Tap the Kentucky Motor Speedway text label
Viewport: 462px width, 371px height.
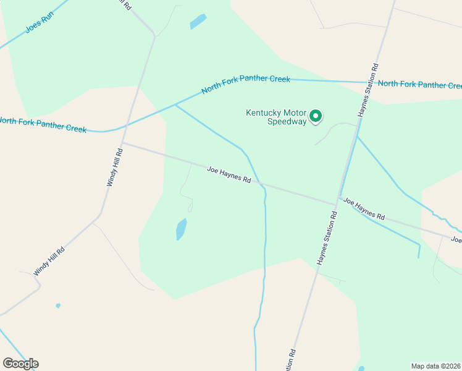click(276, 117)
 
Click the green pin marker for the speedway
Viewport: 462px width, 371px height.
click(316, 116)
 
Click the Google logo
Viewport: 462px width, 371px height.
click(20, 364)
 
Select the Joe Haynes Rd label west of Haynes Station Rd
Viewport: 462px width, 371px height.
click(229, 174)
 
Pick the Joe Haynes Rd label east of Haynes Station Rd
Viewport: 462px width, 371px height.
click(364, 209)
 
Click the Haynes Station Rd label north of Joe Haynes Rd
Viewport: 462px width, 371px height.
click(367, 90)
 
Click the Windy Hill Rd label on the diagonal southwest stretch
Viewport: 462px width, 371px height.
click(49, 260)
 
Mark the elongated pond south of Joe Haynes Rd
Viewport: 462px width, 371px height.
click(181, 229)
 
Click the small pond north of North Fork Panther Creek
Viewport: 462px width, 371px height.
click(198, 21)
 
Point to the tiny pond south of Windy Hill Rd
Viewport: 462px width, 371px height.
click(58, 305)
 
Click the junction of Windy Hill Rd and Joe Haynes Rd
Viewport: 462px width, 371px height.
click(122, 143)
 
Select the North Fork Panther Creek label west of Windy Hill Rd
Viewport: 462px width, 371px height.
click(43, 125)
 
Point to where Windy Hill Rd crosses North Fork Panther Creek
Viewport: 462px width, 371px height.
click(127, 125)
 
